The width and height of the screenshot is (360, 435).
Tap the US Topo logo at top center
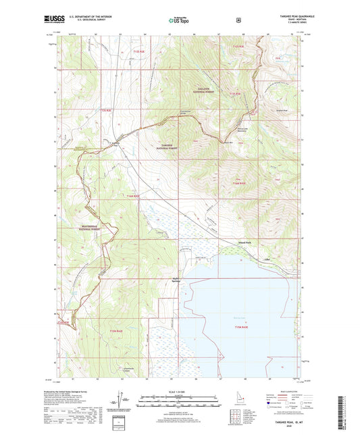click(x=178, y=21)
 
